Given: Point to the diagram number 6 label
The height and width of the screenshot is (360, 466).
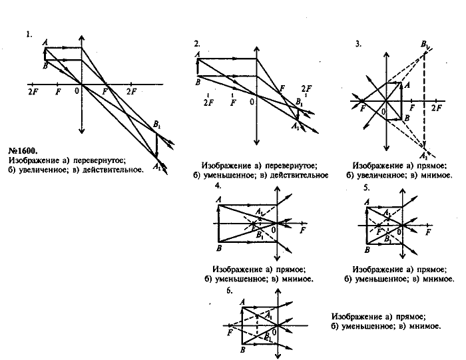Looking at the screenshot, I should tap(230, 291).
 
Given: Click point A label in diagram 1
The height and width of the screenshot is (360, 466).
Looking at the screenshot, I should tap(45, 42).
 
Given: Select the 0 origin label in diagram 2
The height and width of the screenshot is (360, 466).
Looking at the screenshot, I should tap(252, 102).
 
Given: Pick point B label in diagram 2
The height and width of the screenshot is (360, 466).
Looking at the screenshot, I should tap(198, 82).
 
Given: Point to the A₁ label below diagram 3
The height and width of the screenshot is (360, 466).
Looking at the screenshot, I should tap(424, 153).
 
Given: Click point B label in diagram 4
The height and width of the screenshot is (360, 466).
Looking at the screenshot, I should tap(219, 248).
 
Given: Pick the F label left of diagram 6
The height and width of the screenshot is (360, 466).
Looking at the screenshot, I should tap(229, 331).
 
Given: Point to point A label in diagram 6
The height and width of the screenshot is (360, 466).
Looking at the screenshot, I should tap(243, 301).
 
